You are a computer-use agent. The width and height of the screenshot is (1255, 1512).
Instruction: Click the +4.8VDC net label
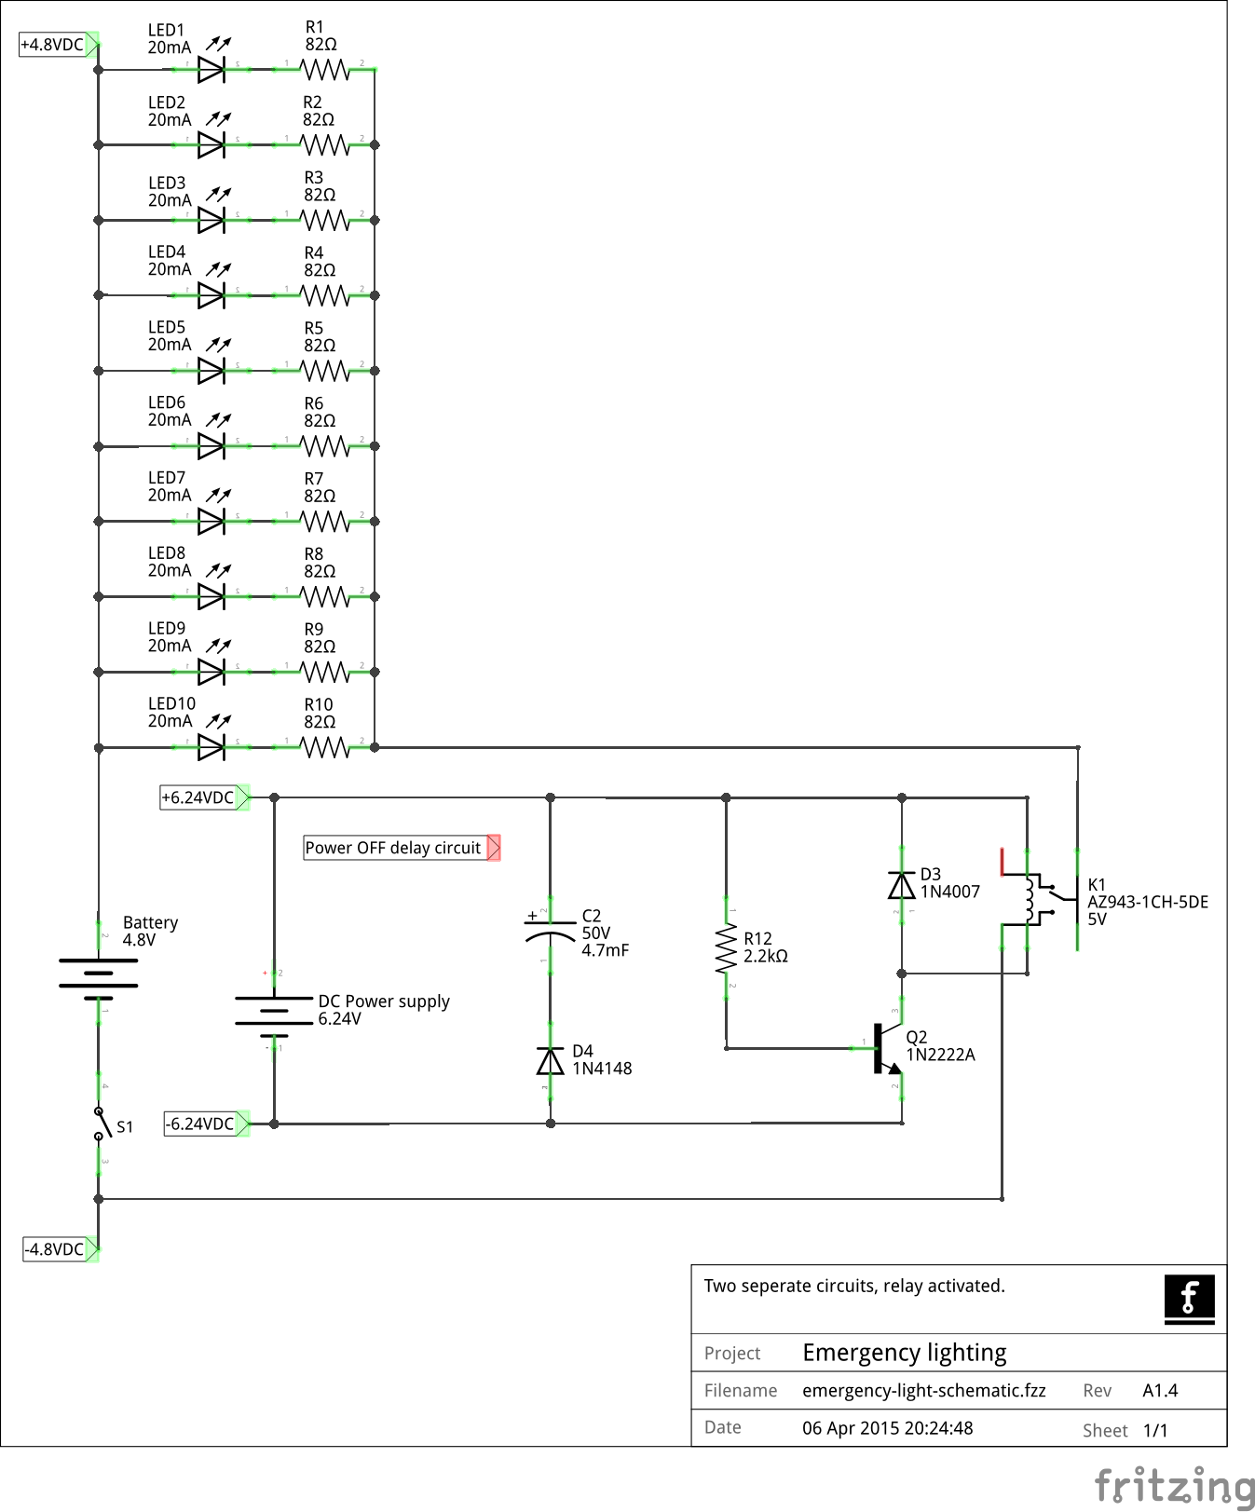pos(53,45)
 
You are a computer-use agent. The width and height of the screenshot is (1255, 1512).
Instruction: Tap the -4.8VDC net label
pos(55,1249)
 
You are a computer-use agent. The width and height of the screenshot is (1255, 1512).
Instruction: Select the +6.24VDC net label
pos(198,797)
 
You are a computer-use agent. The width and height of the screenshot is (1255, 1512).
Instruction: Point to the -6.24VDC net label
pos(200,1124)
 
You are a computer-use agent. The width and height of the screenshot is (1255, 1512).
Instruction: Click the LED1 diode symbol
pos(211,70)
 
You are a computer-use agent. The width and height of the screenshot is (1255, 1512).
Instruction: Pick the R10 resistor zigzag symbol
pos(325,747)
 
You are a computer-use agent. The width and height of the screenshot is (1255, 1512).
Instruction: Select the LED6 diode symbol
pos(211,446)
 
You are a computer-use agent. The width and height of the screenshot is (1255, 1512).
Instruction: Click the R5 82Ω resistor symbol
pos(325,371)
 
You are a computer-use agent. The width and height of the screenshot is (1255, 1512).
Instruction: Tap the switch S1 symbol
pos(100,1124)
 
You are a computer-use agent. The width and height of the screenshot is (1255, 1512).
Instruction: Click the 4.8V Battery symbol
pos(99,973)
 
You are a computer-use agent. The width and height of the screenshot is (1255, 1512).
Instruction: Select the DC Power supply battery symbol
pos(274,1011)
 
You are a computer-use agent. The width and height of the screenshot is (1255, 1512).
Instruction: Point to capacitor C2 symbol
pos(550,929)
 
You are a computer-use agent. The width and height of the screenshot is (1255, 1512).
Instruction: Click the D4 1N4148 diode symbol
pos(551,1061)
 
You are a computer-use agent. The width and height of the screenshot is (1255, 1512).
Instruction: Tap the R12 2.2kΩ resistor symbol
pos(726,949)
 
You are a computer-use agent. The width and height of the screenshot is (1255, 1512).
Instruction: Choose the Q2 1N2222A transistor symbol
pos(886,1049)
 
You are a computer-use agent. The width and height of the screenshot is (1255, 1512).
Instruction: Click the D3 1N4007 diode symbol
pos(901,885)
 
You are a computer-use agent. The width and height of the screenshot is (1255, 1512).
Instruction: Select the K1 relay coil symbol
pos(1030,899)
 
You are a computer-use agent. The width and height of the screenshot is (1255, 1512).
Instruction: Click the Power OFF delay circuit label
pos(394,848)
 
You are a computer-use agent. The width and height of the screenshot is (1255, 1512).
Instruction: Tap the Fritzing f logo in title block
pos(1189,1298)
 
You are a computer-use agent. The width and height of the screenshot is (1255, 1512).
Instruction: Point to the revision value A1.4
pos(1160,1391)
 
